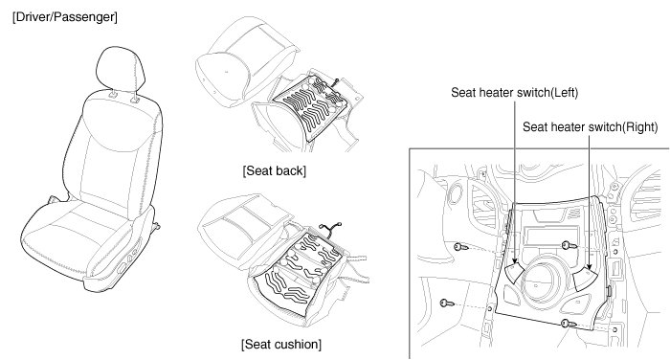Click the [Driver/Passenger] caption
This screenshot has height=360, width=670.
coord(65,17)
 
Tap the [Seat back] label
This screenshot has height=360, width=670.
coord(275,171)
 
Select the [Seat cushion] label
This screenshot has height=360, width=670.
coord(281,344)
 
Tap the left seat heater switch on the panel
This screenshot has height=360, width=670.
coord(516,272)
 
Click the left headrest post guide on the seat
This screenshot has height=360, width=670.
coord(113,95)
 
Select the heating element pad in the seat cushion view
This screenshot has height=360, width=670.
coord(299,273)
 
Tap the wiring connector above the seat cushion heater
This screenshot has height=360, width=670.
coord(331,229)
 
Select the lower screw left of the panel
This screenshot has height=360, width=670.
coord(447,304)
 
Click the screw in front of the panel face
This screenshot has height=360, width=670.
coord(569,245)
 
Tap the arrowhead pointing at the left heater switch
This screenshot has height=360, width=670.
coord(515,260)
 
